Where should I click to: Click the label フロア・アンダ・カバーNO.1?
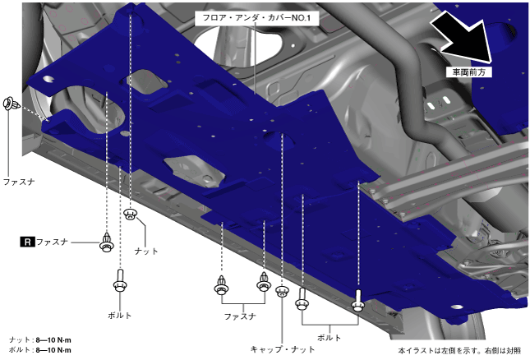pyautogui.click(x=257, y=17)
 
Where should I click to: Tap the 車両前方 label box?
pyautogui.click(x=468, y=72)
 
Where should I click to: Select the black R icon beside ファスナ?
pyautogui.click(x=27, y=242)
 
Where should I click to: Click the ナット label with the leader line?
pyautogui.click(x=146, y=252)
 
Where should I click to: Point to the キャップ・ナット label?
pyautogui.click(x=283, y=349)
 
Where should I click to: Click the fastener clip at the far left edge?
pyautogui.click(x=12, y=104)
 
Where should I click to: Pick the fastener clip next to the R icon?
pyautogui.click(x=107, y=242)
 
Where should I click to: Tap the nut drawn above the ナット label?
pyautogui.click(x=131, y=214)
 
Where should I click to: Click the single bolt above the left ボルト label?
pyautogui.click(x=120, y=280)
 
